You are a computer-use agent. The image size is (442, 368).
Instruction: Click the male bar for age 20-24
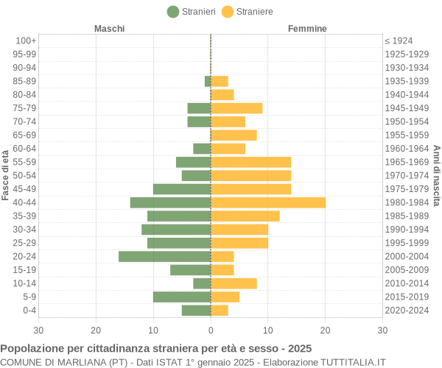[x=164, y=256]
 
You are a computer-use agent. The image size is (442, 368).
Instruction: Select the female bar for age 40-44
[x=268, y=202]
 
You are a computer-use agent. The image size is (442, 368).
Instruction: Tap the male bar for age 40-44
[x=170, y=202]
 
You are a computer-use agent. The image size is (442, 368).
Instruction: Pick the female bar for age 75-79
[x=236, y=108]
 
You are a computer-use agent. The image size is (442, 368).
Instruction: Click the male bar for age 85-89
[x=208, y=81]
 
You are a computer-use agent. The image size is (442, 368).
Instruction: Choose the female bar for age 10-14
[x=234, y=283]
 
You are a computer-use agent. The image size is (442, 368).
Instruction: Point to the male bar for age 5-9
[x=182, y=297]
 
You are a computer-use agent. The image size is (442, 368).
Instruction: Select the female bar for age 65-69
[x=234, y=135]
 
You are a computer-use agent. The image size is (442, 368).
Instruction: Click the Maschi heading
[x=109, y=29]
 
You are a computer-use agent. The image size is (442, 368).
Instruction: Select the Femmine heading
[x=307, y=29]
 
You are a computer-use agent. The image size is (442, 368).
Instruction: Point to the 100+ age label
[x=26, y=40]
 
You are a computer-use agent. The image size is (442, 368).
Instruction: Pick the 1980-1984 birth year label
[x=407, y=202]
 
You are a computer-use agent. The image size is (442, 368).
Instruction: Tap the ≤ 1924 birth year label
[x=399, y=40]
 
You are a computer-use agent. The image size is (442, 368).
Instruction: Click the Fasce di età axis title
[x=5, y=175]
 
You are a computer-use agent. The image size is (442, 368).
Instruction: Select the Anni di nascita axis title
[x=436, y=175]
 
